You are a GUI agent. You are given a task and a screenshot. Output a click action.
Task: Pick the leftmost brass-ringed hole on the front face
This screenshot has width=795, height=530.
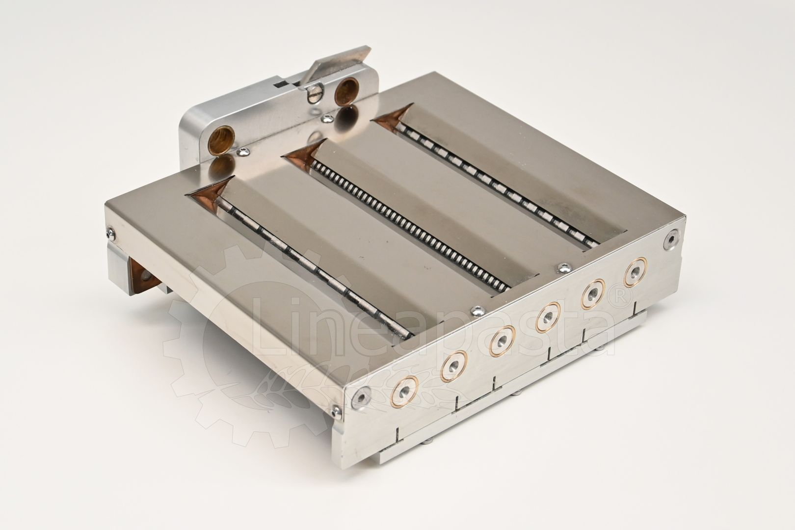tap(404, 391)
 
